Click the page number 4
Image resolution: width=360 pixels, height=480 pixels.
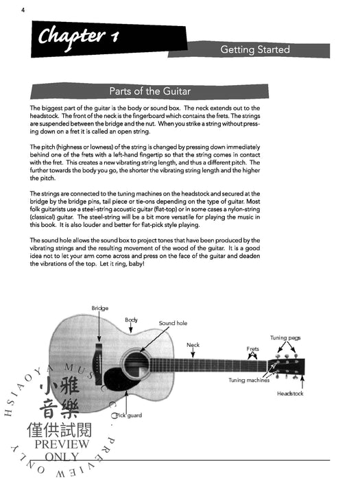pos(23,10)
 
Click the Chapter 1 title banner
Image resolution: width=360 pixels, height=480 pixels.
pos(108,39)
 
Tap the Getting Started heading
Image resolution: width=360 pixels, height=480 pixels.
pos(255,49)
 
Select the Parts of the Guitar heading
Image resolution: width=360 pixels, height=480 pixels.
pos(150,91)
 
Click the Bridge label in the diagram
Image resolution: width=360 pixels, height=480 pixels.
pos(100,308)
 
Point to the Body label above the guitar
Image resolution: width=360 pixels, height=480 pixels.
pos(131,320)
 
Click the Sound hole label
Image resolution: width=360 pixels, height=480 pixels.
pos(173,323)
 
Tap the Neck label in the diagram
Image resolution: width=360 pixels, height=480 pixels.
pos(193,345)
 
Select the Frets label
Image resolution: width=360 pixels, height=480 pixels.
pos(252,348)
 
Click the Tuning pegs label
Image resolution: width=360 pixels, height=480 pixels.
pos(285,337)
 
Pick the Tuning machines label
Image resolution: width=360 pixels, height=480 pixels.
pos(249,380)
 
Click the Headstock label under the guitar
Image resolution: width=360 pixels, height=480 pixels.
pos(290,394)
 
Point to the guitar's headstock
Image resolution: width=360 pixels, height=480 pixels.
pos(287,366)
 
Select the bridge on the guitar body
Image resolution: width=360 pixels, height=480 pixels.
pos(98,363)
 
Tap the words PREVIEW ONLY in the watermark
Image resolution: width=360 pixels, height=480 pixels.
pos(62,451)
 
